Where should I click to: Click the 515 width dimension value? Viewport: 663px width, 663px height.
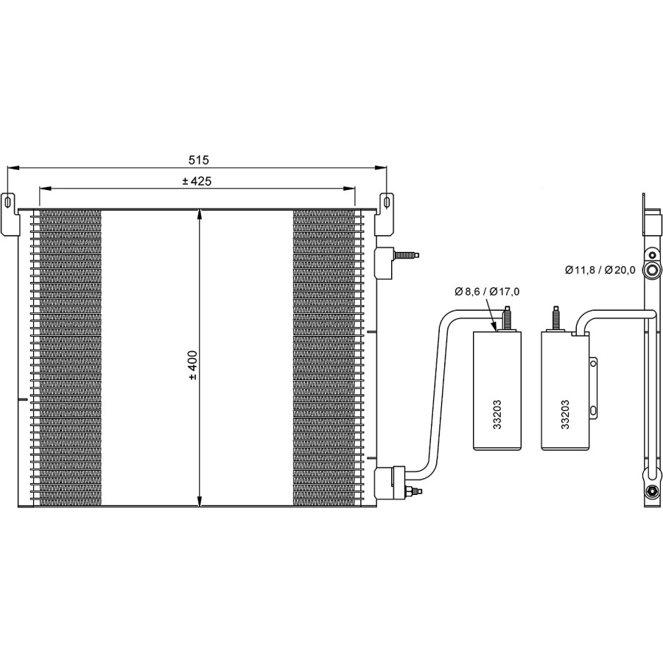tap(198, 160)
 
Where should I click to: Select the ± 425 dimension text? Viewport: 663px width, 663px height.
tap(197, 181)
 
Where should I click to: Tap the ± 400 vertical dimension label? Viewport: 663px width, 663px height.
tap(193, 365)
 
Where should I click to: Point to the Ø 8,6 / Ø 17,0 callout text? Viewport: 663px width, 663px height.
tap(487, 291)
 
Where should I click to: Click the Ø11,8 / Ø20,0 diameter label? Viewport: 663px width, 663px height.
tap(600, 270)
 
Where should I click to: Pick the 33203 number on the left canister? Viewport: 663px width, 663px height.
tap(497, 414)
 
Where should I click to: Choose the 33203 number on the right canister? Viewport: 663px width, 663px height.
tap(565, 414)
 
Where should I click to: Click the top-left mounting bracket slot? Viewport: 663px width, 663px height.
tap(7, 201)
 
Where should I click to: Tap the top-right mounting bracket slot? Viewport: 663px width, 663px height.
tap(386, 201)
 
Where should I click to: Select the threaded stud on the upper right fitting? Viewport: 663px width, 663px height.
tap(407, 256)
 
